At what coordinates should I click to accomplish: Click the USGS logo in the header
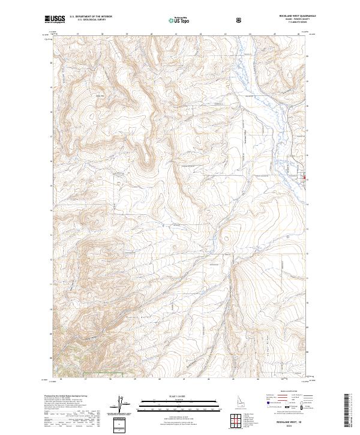click(x=55, y=20)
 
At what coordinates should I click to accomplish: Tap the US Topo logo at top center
click(x=179, y=20)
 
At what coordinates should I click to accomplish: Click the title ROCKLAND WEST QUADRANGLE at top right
click(x=293, y=16)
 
